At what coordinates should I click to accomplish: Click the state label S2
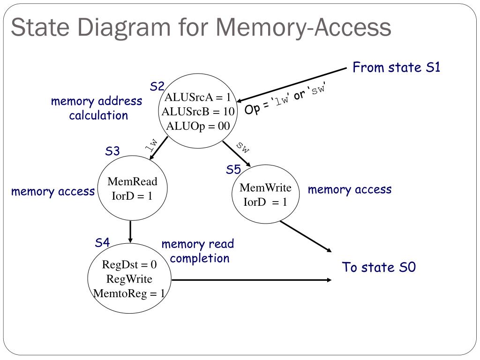tap(157, 86)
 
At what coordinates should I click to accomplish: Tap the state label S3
tap(112, 151)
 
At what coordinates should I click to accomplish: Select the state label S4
tap(102, 242)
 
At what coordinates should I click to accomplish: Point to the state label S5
tap(233, 170)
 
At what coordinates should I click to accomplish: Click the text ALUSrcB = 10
tap(198, 112)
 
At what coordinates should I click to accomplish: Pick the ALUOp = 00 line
tap(198, 126)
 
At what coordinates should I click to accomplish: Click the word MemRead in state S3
tap(132, 181)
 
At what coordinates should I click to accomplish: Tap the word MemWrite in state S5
tap(265, 187)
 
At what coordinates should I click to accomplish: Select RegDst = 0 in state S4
tap(129, 264)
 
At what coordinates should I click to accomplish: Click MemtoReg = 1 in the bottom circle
tap(129, 293)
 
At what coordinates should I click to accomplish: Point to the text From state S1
tap(396, 67)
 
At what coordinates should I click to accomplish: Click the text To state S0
tap(379, 267)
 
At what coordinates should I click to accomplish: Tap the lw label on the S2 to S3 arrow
tap(151, 145)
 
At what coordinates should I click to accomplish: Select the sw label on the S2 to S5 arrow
tap(243, 147)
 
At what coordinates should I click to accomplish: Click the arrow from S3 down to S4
tap(130, 232)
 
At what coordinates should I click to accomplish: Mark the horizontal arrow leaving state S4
tap(252, 280)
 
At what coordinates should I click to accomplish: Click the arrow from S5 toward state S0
tap(306, 236)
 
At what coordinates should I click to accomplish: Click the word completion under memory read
tap(200, 258)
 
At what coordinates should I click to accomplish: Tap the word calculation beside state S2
tap(98, 115)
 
